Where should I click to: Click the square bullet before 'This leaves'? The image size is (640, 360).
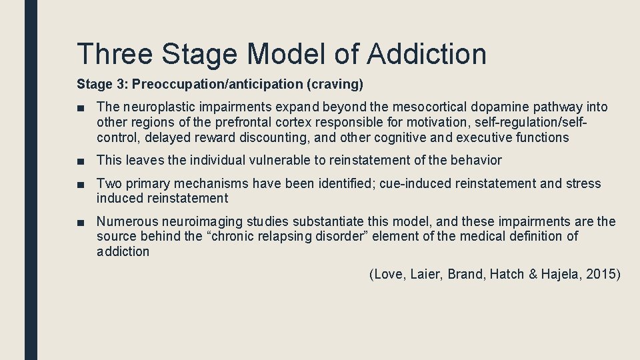point(81,161)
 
